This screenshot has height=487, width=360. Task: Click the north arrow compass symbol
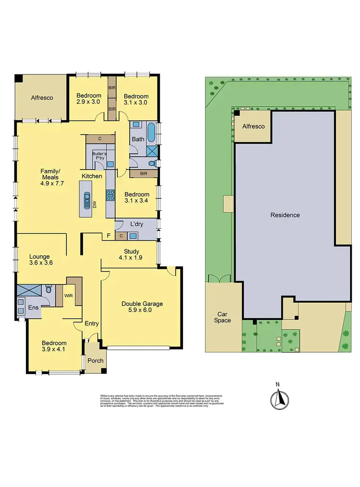click(277, 397)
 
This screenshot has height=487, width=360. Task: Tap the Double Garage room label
click(142, 307)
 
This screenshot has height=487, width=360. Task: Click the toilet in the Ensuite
click(48, 290)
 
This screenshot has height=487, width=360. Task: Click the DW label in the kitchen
click(95, 205)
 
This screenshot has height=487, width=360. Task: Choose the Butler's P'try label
click(100, 158)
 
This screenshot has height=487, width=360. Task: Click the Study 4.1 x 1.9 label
click(131, 255)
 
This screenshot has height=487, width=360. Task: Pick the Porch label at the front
click(95, 361)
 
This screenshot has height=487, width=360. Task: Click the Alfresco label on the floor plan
click(42, 97)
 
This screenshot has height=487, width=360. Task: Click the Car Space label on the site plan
click(222, 317)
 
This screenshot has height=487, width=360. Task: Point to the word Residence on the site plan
click(285, 215)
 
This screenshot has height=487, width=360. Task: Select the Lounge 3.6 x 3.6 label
click(40, 260)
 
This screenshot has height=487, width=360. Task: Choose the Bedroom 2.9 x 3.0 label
click(88, 98)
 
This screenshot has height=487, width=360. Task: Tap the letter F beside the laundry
click(108, 235)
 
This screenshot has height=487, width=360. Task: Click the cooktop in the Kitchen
click(109, 195)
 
